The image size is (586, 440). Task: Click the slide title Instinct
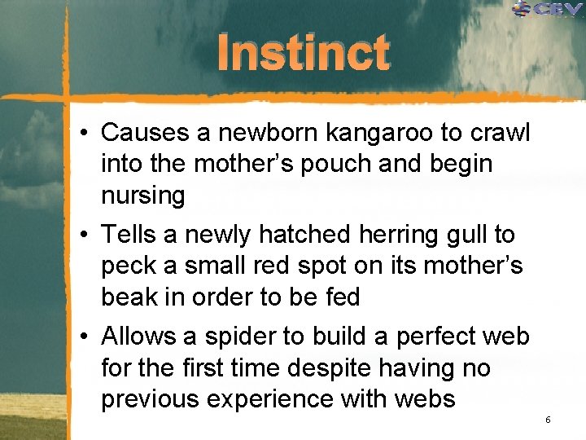click(x=303, y=53)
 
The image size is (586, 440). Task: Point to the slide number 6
click(x=548, y=419)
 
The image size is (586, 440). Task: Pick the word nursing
click(x=143, y=196)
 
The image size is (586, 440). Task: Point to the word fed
click(x=340, y=297)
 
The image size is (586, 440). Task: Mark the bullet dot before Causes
click(x=85, y=133)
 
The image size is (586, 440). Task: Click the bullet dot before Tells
click(x=85, y=235)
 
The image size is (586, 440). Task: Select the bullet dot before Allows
click(x=85, y=337)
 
